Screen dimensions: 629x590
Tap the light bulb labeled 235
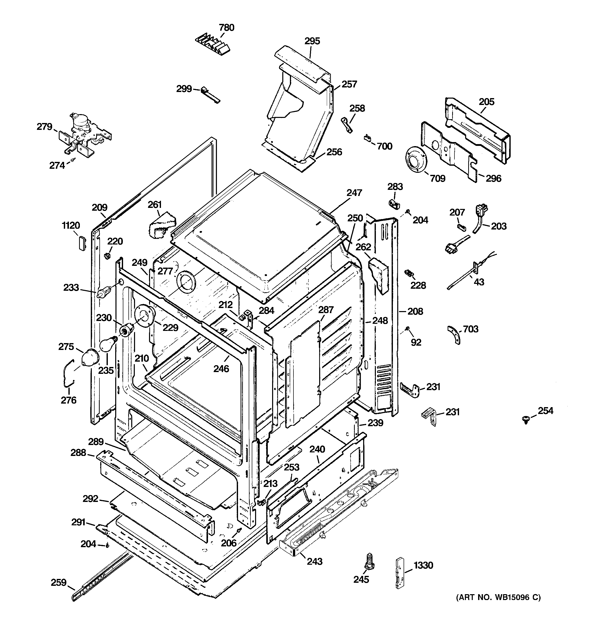[x=107, y=345]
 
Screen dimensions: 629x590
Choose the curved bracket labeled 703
[x=454, y=335]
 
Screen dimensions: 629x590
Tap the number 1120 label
[x=71, y=226]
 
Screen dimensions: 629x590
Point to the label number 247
[x=354, y=193]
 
